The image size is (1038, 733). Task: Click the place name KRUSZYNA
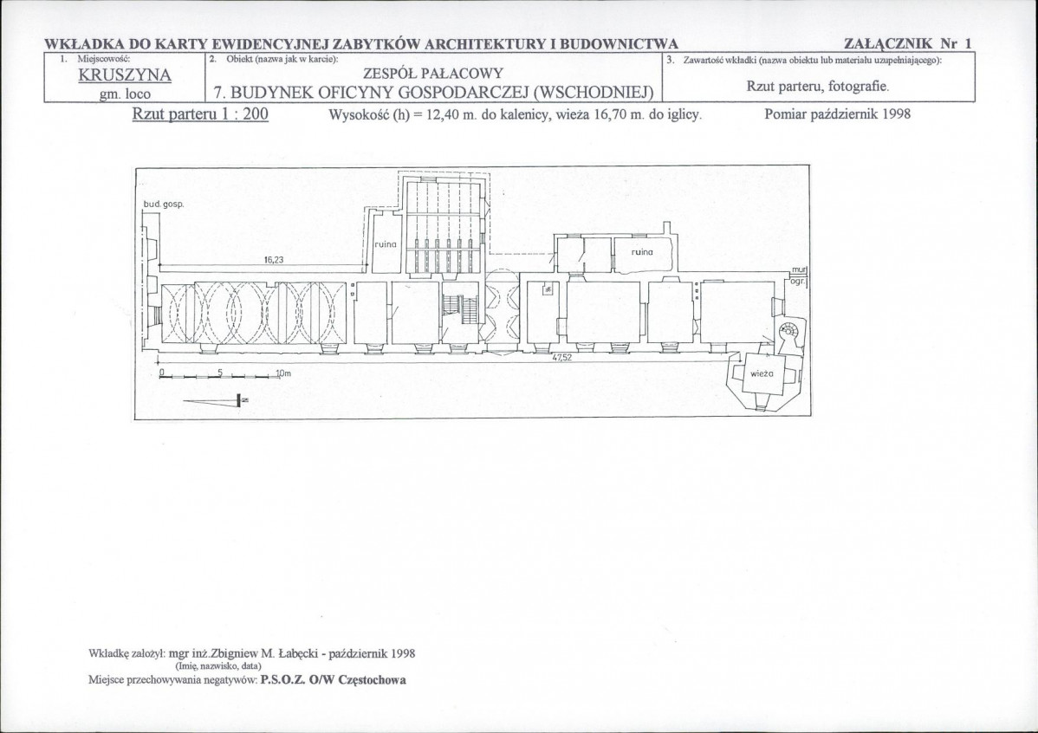coord(125,75)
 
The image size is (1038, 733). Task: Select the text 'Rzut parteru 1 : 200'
coord(201,114)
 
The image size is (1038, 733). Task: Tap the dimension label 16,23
coord(274,260)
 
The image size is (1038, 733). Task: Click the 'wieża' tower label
coord(762,373)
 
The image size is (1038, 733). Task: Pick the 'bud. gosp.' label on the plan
coord(163,204)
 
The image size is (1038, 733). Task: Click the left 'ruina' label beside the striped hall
coord(386,244)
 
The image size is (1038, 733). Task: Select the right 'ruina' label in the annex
coord(642,251)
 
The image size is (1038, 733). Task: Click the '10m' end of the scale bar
coord(282,373)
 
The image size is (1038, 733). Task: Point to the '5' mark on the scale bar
coord(219,372)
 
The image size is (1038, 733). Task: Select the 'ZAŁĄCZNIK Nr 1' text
coord(908,43)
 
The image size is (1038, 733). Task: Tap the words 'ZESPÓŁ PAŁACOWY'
coord(433,73)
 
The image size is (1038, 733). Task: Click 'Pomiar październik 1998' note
coord(837,114)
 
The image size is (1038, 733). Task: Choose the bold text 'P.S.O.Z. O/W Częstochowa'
coord(333,680)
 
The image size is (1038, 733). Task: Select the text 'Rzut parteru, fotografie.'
coord(818,86)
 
